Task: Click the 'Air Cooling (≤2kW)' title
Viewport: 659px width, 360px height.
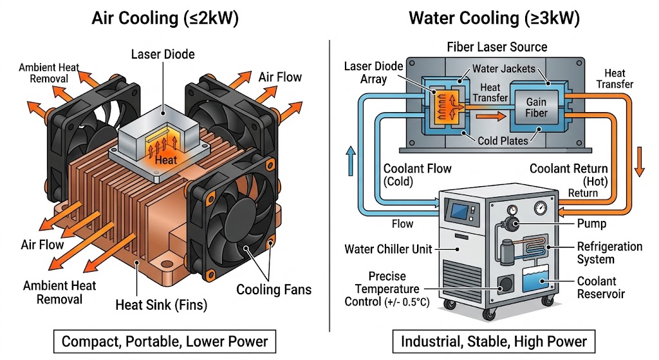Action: click(165, 18)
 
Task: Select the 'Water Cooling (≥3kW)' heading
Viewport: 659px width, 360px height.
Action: click(494, 18)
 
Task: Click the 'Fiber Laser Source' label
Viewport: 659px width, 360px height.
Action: click(497, 47)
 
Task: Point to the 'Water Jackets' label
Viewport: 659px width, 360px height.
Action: click(503, 69)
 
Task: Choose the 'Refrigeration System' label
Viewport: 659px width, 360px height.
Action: click(609, 253)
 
